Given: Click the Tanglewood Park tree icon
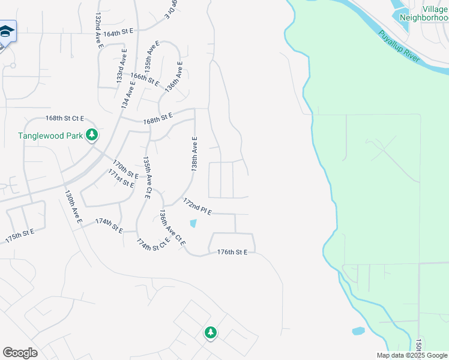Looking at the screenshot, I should coord(92,135).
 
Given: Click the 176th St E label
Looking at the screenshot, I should coord(232,253).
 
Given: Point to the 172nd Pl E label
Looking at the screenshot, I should coord(198,206).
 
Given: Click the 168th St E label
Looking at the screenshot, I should coord(158,118).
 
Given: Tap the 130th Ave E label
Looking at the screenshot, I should coord(73,208).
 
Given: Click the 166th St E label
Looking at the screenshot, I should coord(145,79).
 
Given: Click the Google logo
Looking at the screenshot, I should coord(20,353).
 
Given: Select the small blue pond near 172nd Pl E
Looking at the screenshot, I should coord(193,224).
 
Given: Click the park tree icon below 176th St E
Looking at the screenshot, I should coord(210,332).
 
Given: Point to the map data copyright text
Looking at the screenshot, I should coord(412,355).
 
